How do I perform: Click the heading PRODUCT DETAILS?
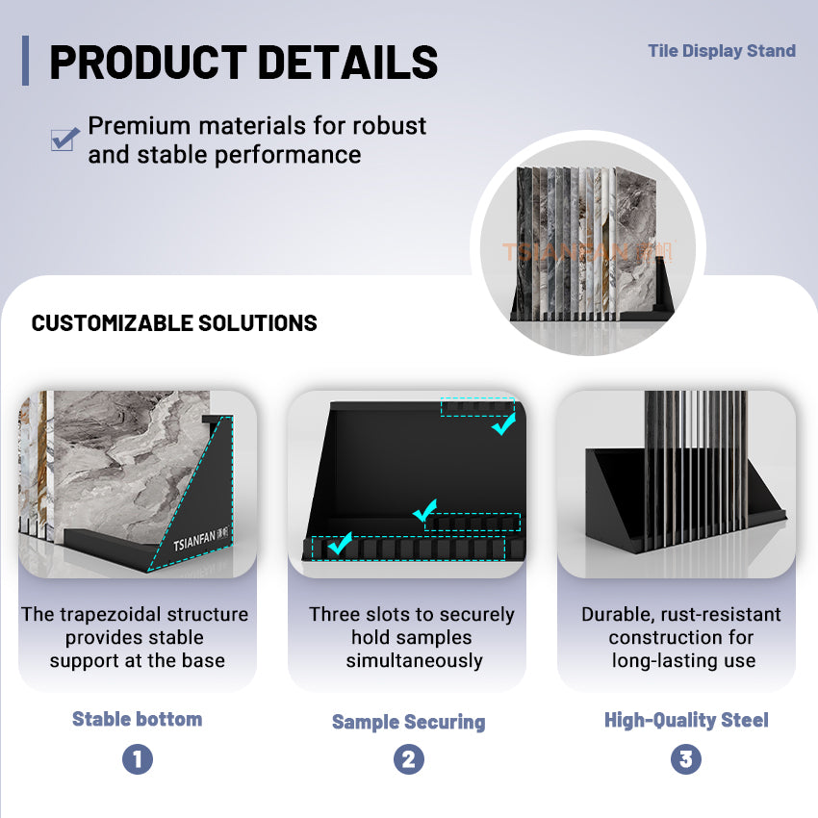point(243,63)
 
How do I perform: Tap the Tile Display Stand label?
point(721,51)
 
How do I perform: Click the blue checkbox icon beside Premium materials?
point(64,140)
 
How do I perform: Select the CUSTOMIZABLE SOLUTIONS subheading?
point(174,323)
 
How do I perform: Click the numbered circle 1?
point(137,759)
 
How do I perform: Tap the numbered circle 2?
point(408,759)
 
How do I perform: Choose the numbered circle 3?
point(685,759)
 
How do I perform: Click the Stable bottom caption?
point(137,719)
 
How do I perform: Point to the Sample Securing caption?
point(408,722)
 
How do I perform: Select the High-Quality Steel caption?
point(686,720)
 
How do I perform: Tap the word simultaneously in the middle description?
point(414,660)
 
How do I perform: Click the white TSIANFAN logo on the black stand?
point(200,541)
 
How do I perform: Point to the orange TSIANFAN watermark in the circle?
point(588,252)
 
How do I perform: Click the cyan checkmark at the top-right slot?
point(503,423)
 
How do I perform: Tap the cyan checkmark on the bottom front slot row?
point(339,544)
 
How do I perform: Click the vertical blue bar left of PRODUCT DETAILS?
point(25,61)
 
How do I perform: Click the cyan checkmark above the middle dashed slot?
point(424,511)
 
